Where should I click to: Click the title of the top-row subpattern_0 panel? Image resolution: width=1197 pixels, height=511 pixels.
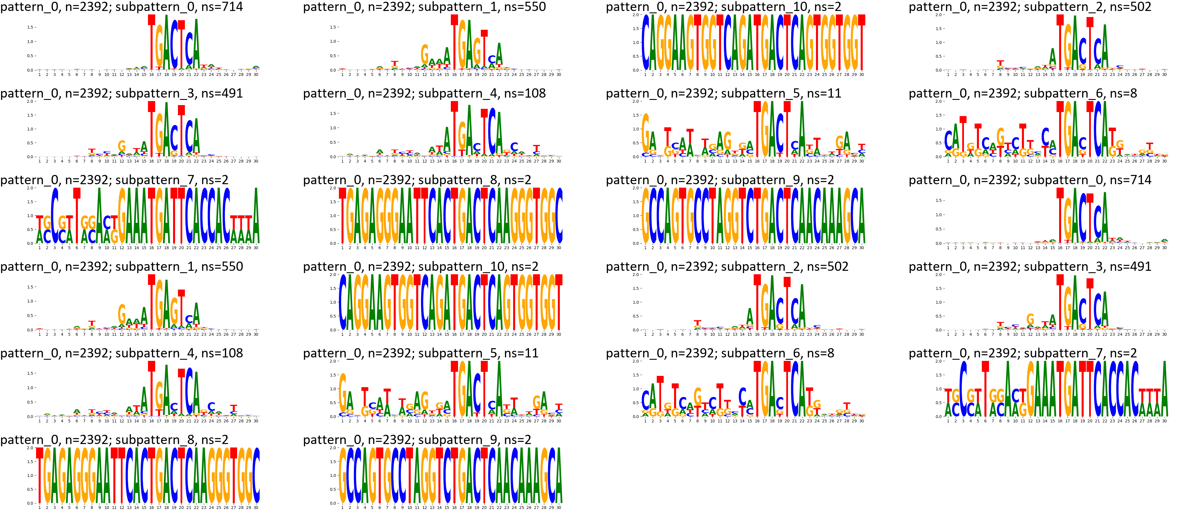121,7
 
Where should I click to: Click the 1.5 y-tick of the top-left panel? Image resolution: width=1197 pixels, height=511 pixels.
30,27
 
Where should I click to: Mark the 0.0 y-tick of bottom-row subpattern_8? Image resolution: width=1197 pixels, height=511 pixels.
30,503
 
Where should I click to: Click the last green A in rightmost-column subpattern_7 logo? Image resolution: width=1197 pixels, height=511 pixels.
1164,391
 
